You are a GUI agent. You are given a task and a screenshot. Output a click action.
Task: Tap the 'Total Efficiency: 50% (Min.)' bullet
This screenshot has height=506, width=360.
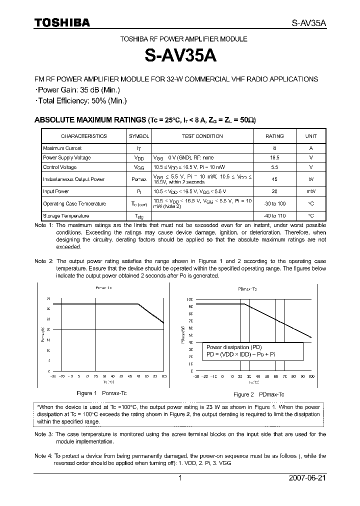coord(81,100)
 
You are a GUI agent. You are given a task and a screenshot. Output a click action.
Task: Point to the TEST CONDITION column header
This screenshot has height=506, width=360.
coord(202,136)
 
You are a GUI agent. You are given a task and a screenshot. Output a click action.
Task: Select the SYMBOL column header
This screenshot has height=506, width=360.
coord(139,136)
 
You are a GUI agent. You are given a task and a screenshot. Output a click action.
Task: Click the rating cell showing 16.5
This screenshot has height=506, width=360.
coord(274,157)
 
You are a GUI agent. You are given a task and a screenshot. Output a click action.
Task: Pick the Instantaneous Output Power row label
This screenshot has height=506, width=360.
coord(73,179)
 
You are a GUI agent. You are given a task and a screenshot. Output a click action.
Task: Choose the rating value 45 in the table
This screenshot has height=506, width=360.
coord(274,179)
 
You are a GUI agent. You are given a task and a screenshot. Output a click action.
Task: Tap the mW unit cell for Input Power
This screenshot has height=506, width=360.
coord(310,191)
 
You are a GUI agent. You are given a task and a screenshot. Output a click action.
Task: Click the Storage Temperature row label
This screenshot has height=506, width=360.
coord(66,216)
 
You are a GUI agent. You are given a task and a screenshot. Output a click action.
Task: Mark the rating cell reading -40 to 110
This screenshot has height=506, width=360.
coord(274,216)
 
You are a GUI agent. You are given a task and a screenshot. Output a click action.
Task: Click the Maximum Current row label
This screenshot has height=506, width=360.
coord(62,148)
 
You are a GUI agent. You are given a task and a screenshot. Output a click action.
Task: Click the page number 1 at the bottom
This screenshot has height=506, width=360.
coord(180,478)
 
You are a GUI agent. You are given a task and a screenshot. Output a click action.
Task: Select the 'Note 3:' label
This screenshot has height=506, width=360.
coord(43,434)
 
